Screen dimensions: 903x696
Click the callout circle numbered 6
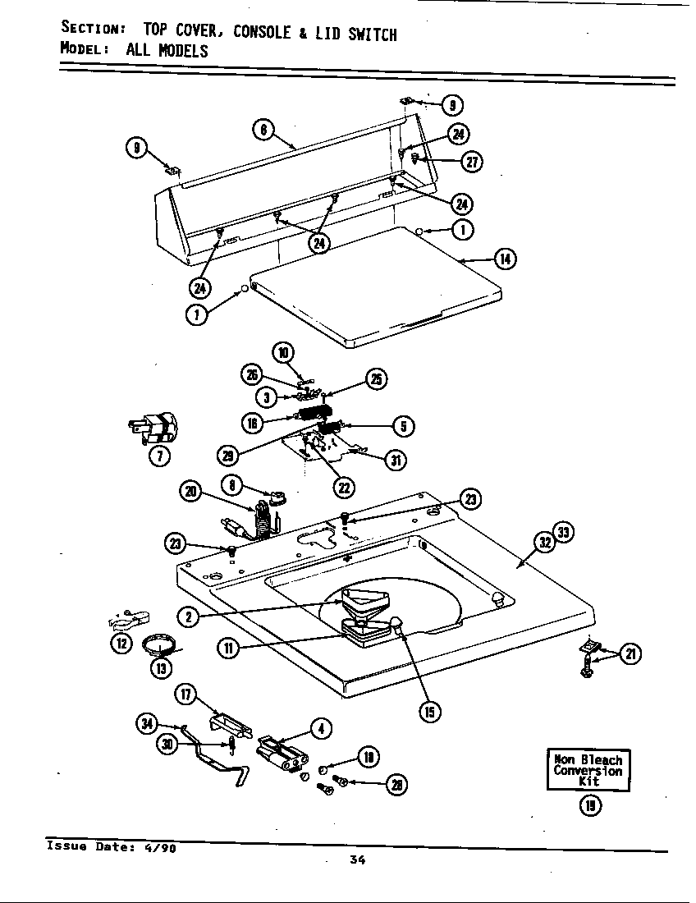click(262, 130)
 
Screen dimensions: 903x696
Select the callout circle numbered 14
click(505, 259)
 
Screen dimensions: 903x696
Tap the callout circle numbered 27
click(471, 162)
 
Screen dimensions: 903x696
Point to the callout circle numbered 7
click(158, 456)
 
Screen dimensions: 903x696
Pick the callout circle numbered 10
click(283, 354)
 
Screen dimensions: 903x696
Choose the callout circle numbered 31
click(396, 460)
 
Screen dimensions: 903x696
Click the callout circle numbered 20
click(190, 492)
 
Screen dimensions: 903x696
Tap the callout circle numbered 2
click(190, 617)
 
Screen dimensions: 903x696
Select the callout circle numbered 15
click(428, 711)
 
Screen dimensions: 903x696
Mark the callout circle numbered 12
click(121, 643)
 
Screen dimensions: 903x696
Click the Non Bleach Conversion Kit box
click(588, 770)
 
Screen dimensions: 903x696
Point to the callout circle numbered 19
click(589, 805)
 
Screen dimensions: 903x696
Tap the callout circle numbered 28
click(397, 785)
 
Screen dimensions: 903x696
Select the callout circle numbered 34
click(146, 722)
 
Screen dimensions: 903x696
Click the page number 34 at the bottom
click(357, 860)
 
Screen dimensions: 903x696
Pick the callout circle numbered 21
click(630, 654)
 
